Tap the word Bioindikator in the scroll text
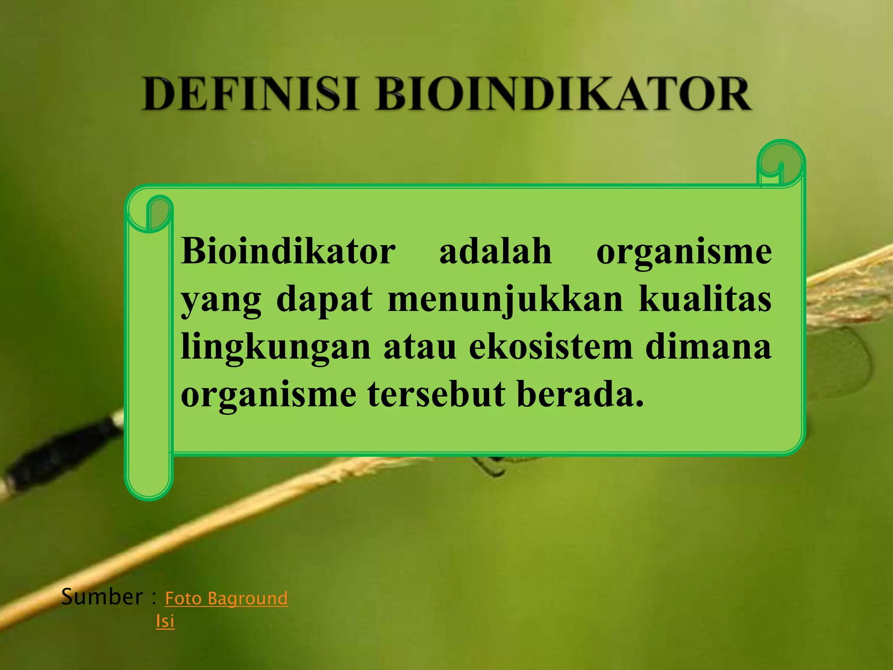pos(288,252)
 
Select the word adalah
pos(495,252)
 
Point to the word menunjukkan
pos(505,300)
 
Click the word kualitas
pos(705,300)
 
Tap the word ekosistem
pos(551,347)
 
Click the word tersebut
pos(436,394)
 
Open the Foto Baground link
pos(226,598)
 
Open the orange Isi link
pos(165,621)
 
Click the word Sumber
pos(102,597)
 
